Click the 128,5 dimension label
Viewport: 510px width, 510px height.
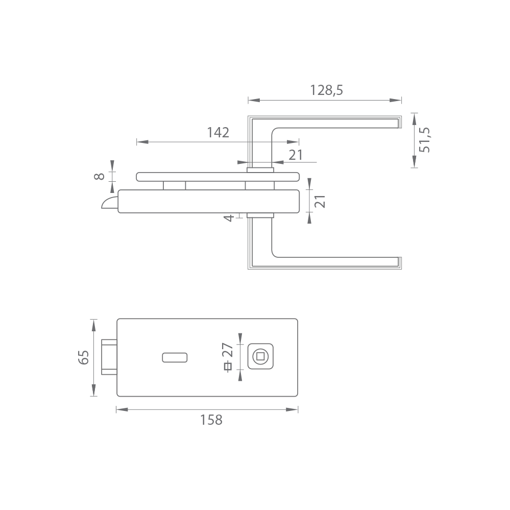(326, 90)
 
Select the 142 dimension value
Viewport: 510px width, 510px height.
(218, 132)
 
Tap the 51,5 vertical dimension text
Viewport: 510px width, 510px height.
(424, 140)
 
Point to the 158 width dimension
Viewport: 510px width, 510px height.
(211, 420)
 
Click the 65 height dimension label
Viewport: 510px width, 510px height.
(84, 357)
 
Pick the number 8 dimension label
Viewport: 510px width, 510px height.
(99, 176)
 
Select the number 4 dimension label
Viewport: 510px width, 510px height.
(229, 218)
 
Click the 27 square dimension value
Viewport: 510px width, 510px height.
(227, 350)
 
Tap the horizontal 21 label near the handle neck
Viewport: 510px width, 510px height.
(296, 155)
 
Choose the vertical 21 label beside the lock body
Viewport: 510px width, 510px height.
(320, 201)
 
